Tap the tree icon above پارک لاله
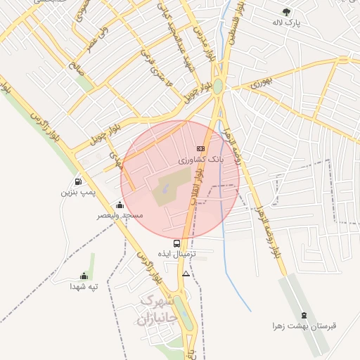click(286, 11)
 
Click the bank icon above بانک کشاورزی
click(200, 148)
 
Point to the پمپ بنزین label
click(77, 192)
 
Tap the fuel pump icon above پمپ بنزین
click(77, 181)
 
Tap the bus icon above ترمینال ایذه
click(176, 244)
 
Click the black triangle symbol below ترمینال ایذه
click(186, 274)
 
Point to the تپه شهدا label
click(84, 286)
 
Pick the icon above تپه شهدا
click(84, 276)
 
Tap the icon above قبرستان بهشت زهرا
click(304, 315)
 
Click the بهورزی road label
click(256, 83)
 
